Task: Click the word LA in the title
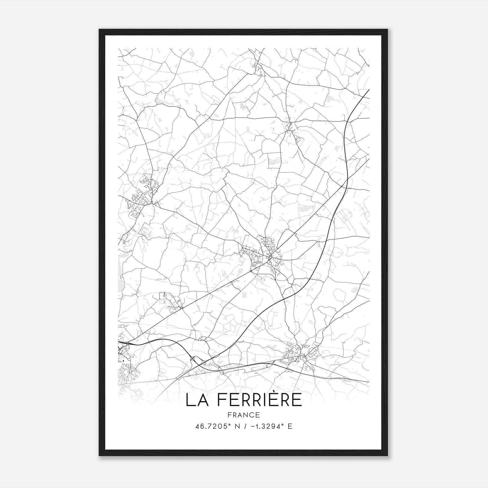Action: point(197,400)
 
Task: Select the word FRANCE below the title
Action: point(243,415)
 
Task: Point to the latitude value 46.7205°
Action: point(211,426)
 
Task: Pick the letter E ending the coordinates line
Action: point(290,426)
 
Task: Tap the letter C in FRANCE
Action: point(252,415)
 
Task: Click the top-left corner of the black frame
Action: point(99,30)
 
